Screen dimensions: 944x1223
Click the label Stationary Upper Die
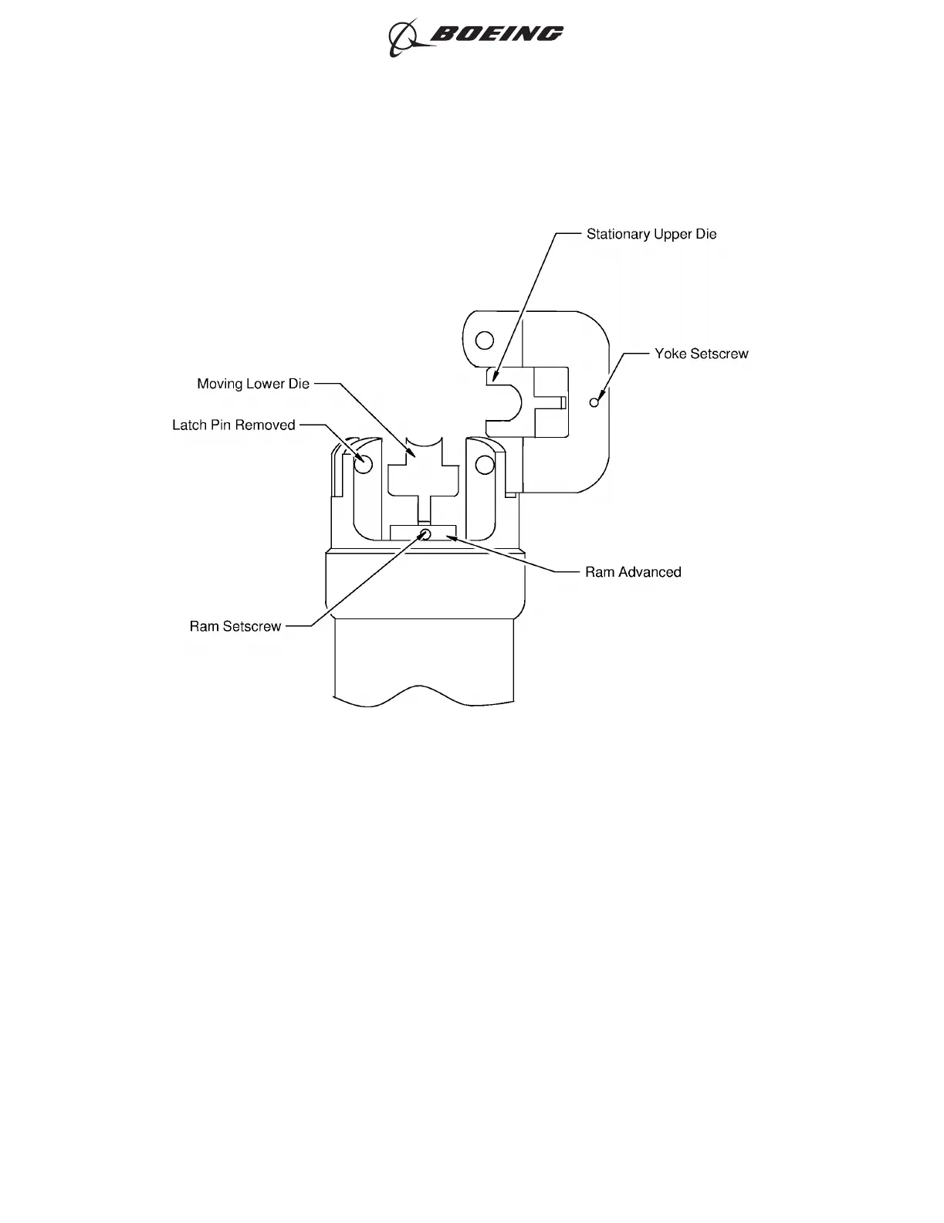pos(651,234)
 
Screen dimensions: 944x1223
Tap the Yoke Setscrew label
pos(701,354)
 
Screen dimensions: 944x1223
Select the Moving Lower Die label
pos(253,384)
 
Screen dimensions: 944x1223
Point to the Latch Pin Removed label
pos(233,425)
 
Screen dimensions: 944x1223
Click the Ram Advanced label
pos(633,572)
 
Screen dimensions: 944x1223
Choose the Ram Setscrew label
pos(235,626)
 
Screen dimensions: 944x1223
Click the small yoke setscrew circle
pos(594,402)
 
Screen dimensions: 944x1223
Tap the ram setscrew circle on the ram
pos(425,533)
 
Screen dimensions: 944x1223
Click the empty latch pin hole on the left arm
pos(364,465)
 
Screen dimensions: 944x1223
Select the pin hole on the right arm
pos(484,465)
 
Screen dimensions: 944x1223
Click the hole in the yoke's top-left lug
pos(484,340)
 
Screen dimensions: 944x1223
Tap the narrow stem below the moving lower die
pos(424,510)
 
